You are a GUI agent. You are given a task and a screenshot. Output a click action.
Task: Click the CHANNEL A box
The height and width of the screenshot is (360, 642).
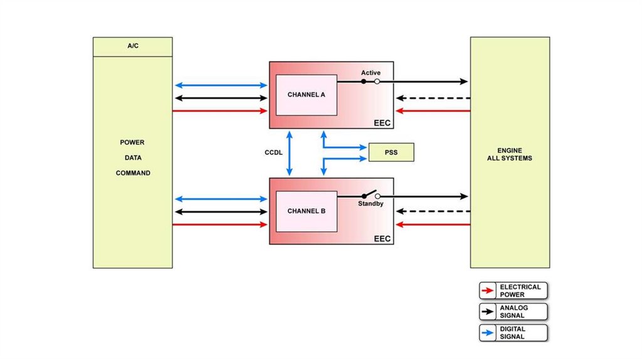coord(306,95)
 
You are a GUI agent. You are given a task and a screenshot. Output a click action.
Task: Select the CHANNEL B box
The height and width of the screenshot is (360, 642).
coord(306,211)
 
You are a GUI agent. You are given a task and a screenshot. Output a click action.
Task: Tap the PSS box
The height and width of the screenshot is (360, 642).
coord(391,152)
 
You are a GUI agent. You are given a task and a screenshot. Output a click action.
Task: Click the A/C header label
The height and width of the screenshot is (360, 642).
coord(132,46)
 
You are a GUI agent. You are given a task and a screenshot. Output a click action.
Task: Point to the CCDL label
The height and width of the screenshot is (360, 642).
coord(274,152)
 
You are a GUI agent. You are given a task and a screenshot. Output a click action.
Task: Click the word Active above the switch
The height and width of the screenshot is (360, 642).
coord(371,73)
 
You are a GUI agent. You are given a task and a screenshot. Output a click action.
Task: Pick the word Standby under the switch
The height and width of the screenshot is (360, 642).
coord(371,204)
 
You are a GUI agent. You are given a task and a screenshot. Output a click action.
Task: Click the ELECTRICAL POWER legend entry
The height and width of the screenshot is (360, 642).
coord(513,290)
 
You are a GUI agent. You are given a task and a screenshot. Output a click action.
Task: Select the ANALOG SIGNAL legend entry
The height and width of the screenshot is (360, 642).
coord(513,312)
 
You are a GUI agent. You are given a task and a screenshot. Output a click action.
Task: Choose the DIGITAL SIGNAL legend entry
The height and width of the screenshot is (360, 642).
coord(513,333)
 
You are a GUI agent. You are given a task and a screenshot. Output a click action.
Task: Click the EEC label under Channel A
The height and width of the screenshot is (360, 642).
coord(382,123)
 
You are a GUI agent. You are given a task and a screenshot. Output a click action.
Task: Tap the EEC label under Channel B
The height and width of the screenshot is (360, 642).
coord(382,239)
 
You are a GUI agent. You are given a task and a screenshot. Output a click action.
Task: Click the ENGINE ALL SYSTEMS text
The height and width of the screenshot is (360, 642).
coord(509,155)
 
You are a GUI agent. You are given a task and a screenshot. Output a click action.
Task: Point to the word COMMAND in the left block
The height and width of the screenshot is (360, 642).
coord(133,173)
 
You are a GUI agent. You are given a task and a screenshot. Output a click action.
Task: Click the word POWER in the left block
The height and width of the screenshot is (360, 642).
coord(132,142)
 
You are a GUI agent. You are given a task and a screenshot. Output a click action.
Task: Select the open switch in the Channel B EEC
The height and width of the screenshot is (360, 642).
coord(371,195)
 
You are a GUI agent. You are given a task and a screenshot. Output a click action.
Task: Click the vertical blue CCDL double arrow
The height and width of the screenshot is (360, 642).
coord(290,153)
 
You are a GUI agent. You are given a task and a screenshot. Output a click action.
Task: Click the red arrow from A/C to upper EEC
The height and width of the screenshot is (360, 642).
coord(220,111)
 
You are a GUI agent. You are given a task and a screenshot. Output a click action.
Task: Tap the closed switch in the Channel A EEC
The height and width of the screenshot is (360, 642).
coord(371,82)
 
